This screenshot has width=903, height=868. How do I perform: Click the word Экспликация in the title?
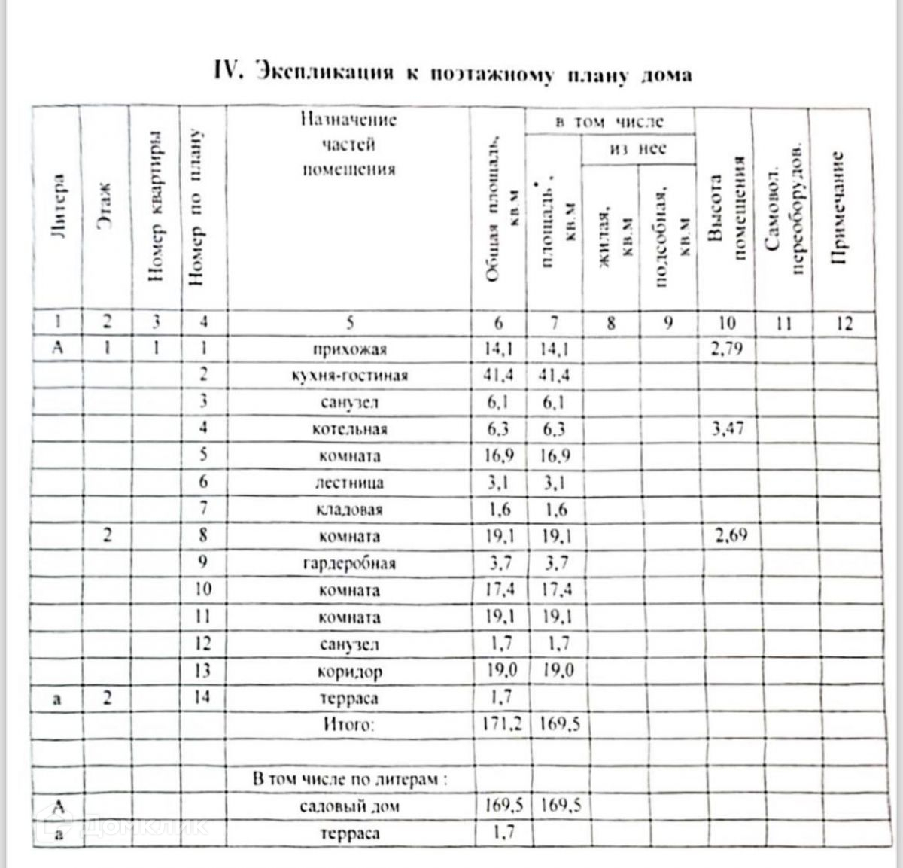click(324, 73)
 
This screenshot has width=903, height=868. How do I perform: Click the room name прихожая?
click(349, 349)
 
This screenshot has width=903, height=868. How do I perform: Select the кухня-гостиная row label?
click(349, 376)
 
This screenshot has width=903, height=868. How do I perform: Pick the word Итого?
click(348, 725)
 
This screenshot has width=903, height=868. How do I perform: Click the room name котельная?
click(349, 430)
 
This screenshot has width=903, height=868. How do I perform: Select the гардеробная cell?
click(349, 564)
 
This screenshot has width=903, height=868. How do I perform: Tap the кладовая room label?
click(349, 510)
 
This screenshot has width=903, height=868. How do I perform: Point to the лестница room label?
click(349, 483)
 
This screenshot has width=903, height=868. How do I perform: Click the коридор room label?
click(349, 672)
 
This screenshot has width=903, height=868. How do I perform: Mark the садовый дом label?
click(349, 807)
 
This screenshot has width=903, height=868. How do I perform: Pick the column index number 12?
click(844, 323)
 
